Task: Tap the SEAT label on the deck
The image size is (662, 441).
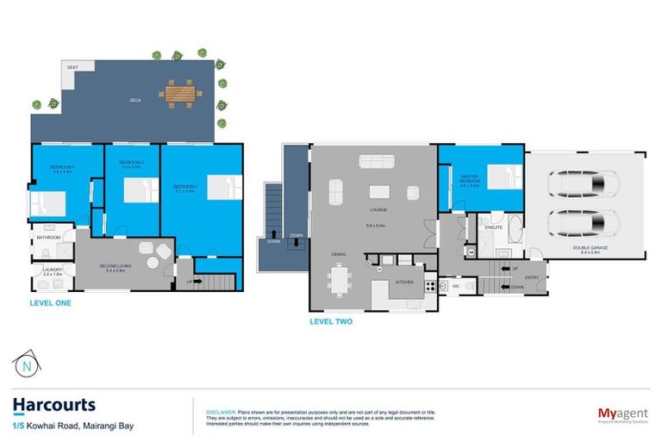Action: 73,66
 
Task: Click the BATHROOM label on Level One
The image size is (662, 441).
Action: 47,237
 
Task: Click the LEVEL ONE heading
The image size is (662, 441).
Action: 50,303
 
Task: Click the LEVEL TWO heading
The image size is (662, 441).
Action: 330,322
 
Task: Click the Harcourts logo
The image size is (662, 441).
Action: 53,405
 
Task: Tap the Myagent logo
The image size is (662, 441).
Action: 622,414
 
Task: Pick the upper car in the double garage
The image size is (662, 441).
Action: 583,183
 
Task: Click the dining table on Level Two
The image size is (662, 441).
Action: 340,279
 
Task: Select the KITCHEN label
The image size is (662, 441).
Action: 404,282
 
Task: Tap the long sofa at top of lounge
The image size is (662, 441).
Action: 377,161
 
